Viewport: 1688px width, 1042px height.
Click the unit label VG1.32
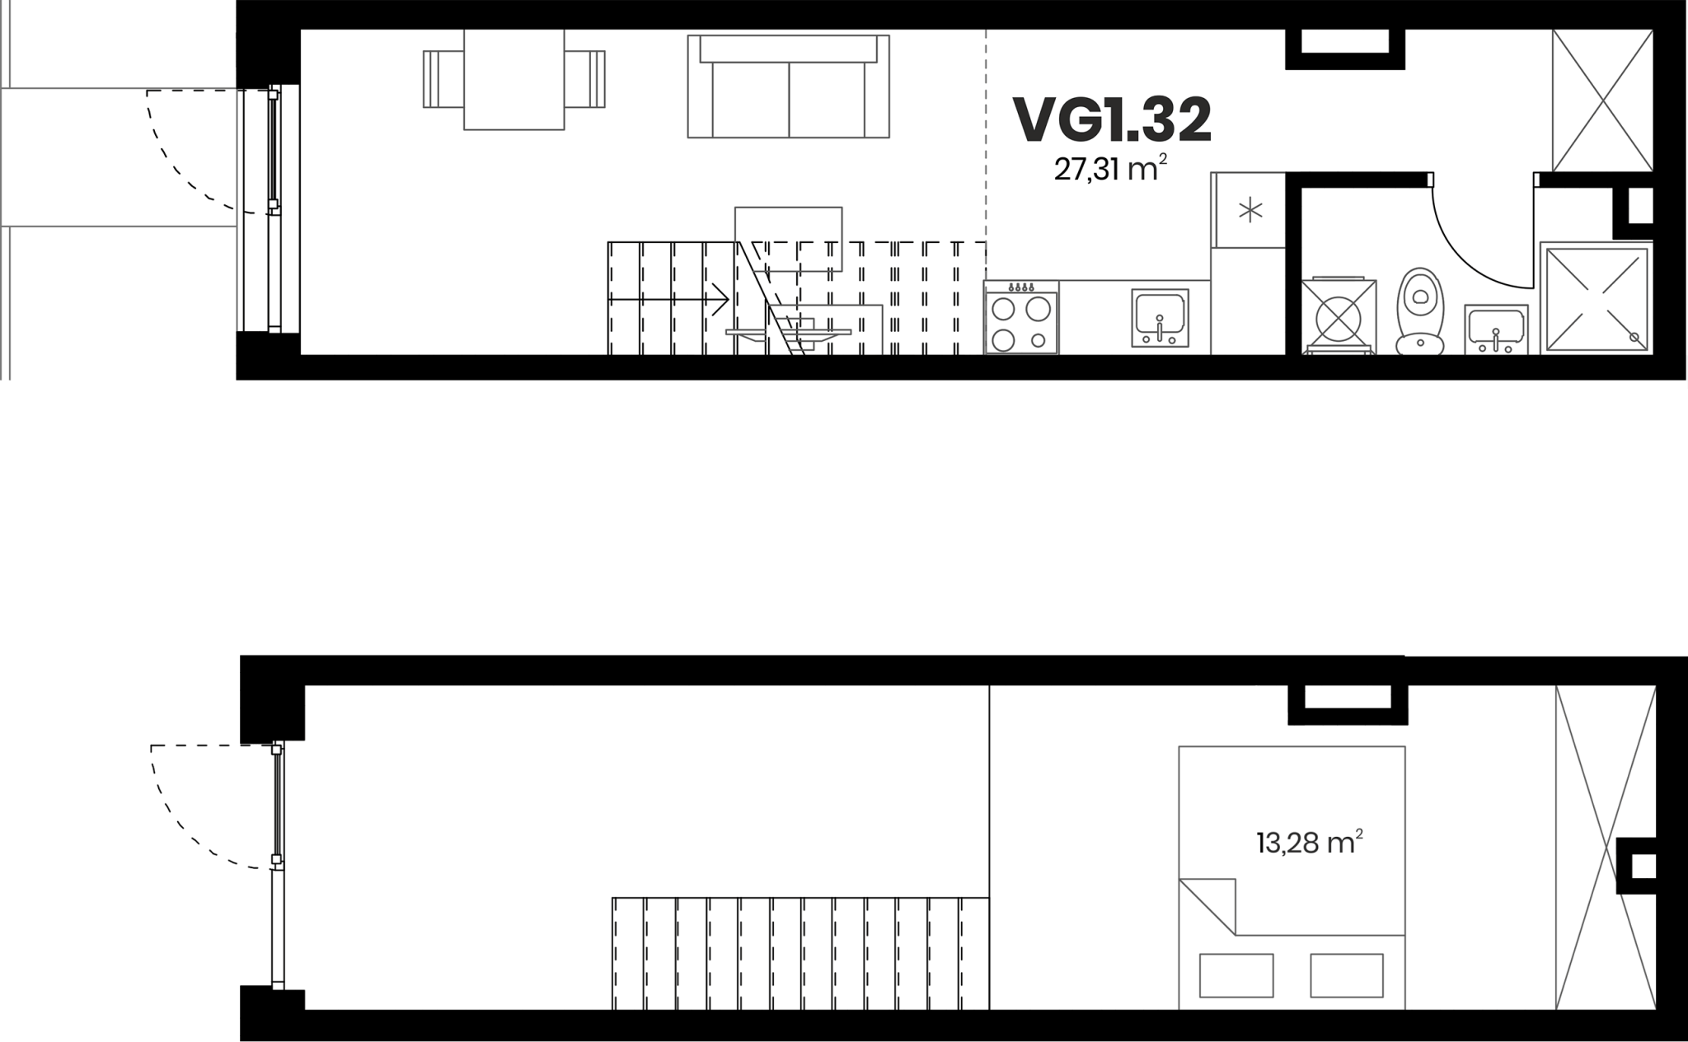[x=1112, y=120]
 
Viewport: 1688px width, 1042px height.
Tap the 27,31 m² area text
[x=1110, y=169]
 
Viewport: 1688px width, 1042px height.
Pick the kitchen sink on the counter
[x=1160, y=317]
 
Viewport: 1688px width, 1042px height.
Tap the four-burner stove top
[x=1021, y=318]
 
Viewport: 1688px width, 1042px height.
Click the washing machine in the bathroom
[x=1339, y=317]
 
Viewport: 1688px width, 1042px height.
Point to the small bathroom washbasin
[x=1496, y=329]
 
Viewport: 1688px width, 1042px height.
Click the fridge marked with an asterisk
[x=1249, y=210]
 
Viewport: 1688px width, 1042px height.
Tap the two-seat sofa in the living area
[x=789, y=86]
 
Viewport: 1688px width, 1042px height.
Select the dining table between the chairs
[x=514, y=79]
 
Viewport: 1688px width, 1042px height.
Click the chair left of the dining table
[x=443, y=79]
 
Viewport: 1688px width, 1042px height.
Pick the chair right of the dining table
[x=585, y=79]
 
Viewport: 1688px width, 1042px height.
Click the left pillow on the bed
[x=1236, y=976]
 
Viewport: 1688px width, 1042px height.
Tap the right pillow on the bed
[x=1347, y=976]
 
